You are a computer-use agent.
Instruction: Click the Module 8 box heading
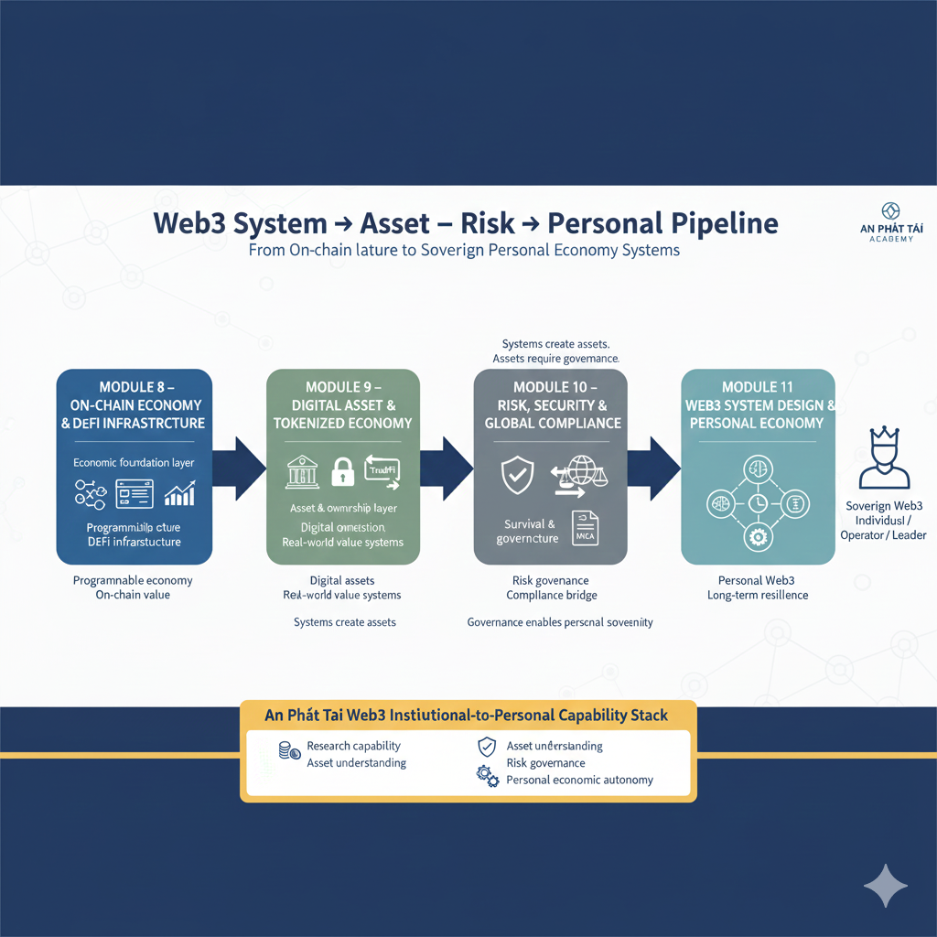[x=135, y=404]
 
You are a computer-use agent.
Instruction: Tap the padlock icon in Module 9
[x=342, y=472]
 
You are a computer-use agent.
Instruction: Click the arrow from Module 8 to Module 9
[x=242, y=468]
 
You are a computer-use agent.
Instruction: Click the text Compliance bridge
[x=551, y=596]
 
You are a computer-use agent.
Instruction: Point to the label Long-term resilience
[x=757, y=596]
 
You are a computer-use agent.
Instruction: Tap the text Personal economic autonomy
[x=579, y=780]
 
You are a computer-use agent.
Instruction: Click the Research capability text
[x=353, y=746]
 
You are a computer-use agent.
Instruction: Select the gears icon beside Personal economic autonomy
[x=487, y=776]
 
